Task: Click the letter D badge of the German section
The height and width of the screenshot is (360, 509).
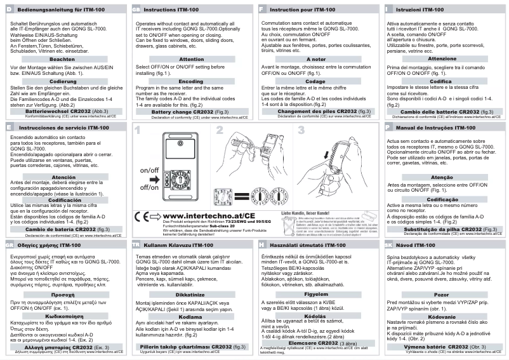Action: click(x=8, y=11)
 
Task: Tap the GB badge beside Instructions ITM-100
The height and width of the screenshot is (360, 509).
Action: click(x=136, y=11)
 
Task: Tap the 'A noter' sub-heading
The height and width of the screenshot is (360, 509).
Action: click(x=315, y=58)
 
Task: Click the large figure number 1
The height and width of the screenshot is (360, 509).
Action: click(x=138, y=131)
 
